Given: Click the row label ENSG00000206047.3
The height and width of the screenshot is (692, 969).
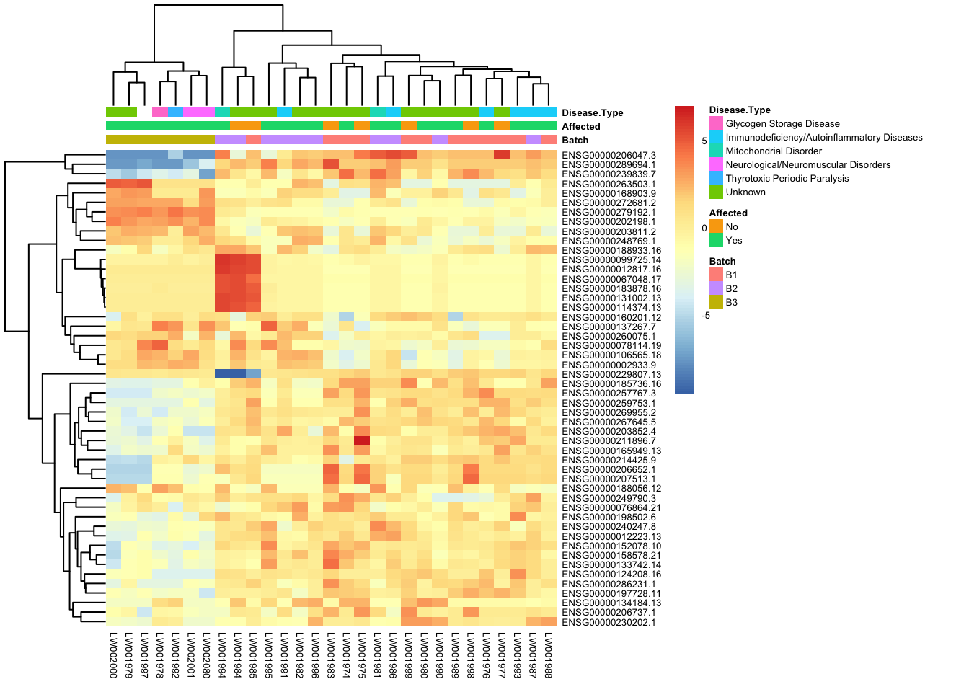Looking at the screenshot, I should point(609,155).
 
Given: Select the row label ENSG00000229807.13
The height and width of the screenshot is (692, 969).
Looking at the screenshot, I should point(611,374).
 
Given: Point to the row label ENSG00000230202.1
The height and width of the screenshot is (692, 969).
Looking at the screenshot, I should point(609,622).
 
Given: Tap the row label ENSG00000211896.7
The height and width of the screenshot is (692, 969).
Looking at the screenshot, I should point(609,440).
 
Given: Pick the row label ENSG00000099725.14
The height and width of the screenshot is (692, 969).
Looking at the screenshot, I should point(611,259).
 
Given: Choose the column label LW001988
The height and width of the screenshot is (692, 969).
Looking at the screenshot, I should point(549,655).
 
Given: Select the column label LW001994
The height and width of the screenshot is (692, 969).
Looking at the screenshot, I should point(222,655).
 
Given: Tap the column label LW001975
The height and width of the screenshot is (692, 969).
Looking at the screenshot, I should point(362,655).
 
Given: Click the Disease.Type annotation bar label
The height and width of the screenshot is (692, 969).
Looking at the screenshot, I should point(592,112).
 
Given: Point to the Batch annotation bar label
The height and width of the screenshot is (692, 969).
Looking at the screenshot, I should point(575,140).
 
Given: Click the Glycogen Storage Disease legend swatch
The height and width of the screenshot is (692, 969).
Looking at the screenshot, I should point(716,123).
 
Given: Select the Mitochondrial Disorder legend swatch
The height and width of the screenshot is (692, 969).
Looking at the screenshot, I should point(716,151).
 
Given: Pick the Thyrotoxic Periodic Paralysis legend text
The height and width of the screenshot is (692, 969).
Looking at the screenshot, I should point(787,178).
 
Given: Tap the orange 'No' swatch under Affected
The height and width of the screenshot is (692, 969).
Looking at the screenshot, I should point(716,226).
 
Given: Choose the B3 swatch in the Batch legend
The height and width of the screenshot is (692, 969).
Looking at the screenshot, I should point(716,302).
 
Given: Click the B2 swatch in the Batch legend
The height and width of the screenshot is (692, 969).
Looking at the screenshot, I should point(716,288).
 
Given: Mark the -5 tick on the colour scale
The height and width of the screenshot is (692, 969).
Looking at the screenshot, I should point(706,315).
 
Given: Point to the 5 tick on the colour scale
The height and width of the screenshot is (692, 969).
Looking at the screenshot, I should point(704,141).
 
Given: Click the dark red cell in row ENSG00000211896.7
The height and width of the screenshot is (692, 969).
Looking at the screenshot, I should point(362,440).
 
